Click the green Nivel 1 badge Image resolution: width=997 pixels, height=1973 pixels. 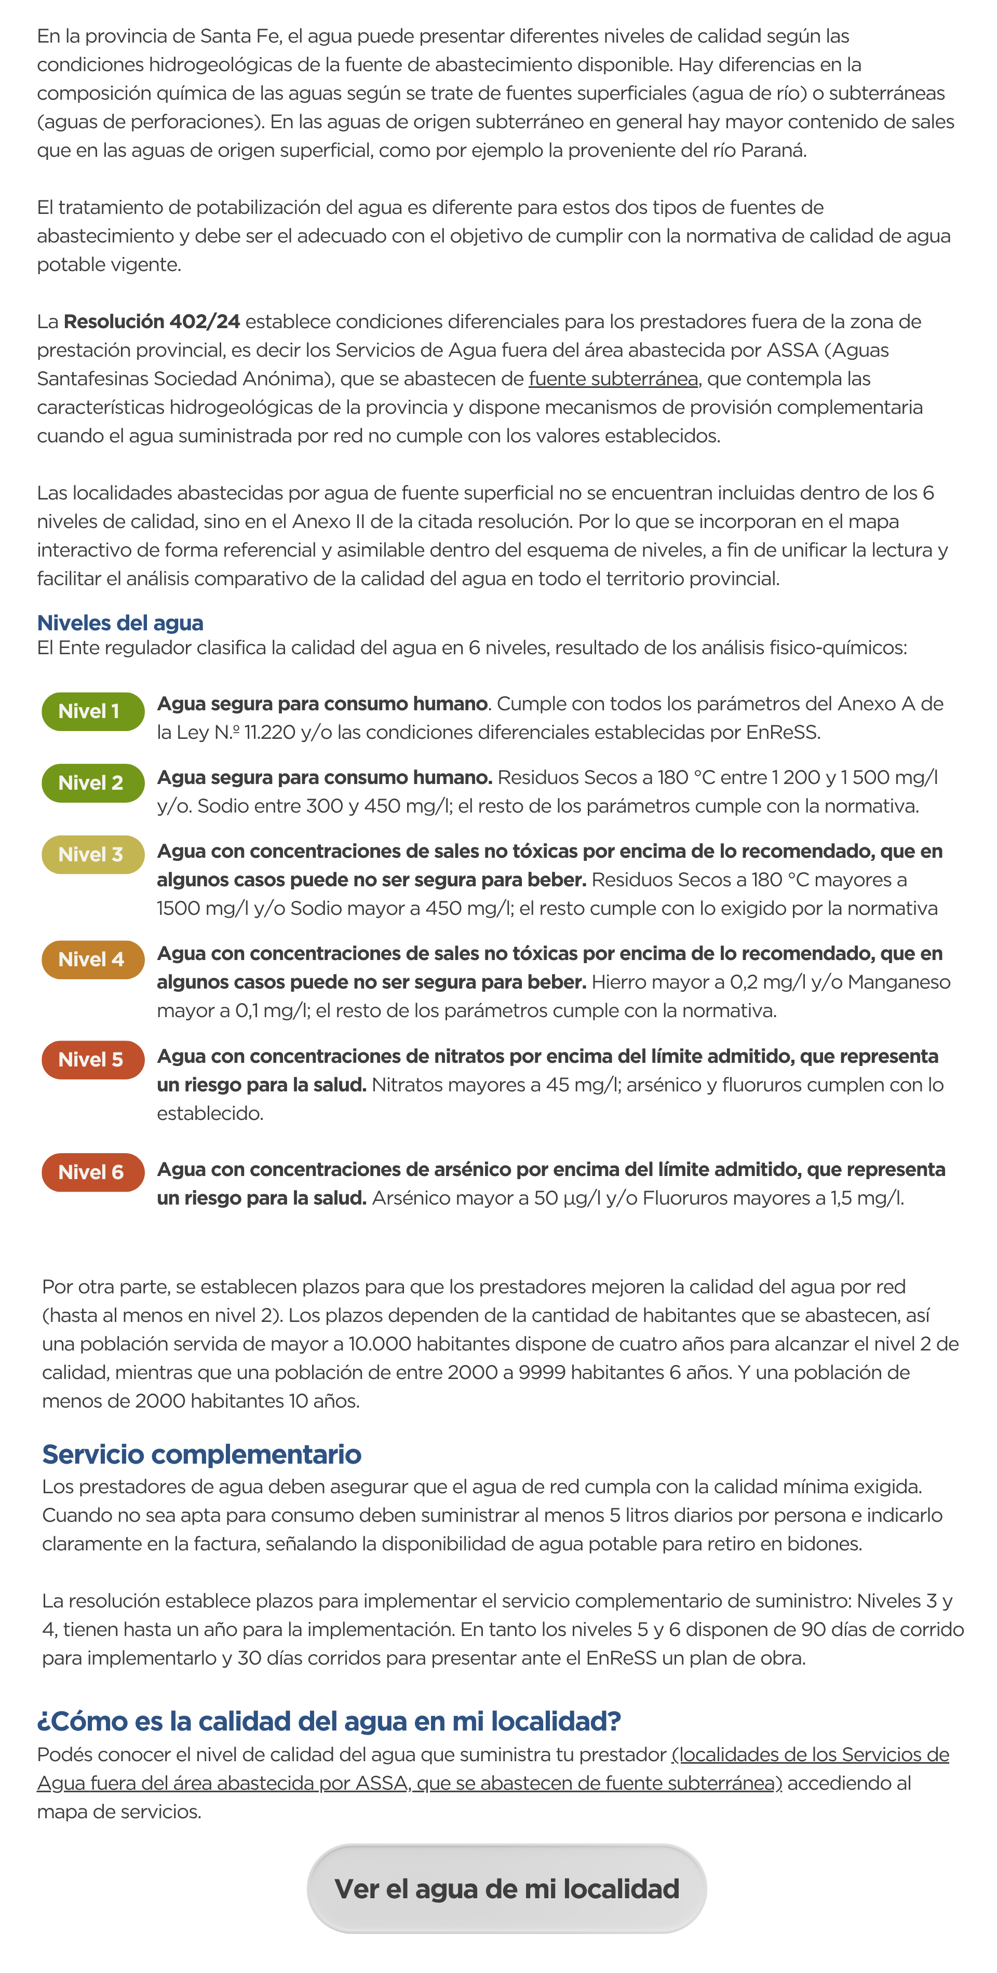coord(92,711)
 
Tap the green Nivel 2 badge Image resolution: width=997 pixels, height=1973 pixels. coord(92,783)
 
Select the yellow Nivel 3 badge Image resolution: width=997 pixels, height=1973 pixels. coord(92,855)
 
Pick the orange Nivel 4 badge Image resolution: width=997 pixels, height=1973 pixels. coord(92,960)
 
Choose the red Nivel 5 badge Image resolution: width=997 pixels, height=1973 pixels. coord(92,1060)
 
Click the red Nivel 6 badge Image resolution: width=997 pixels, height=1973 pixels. coord(92,1172)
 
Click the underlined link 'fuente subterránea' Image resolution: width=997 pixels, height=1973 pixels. coord(613,379)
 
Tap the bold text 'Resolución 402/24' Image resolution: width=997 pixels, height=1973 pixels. coord(152,322)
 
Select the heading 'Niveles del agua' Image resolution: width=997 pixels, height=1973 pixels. coord(120,623)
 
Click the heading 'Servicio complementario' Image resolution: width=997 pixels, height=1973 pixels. coord(201,1454)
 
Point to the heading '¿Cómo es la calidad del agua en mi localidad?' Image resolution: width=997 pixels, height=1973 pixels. coord(329,1721)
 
